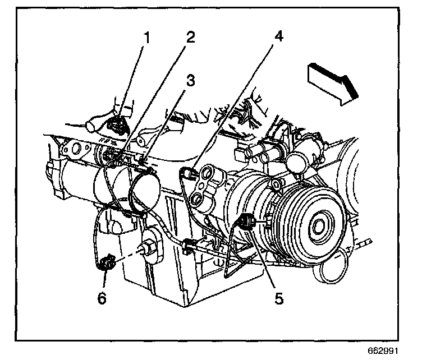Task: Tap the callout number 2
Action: pyautogui.click(x=191, y=38)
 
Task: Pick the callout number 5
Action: pyautogui.click(x=279, y=298)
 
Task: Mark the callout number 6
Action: pyautogui.click(x=101, y=298)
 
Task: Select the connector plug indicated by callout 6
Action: pyautogui.click(x=106, y=261)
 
